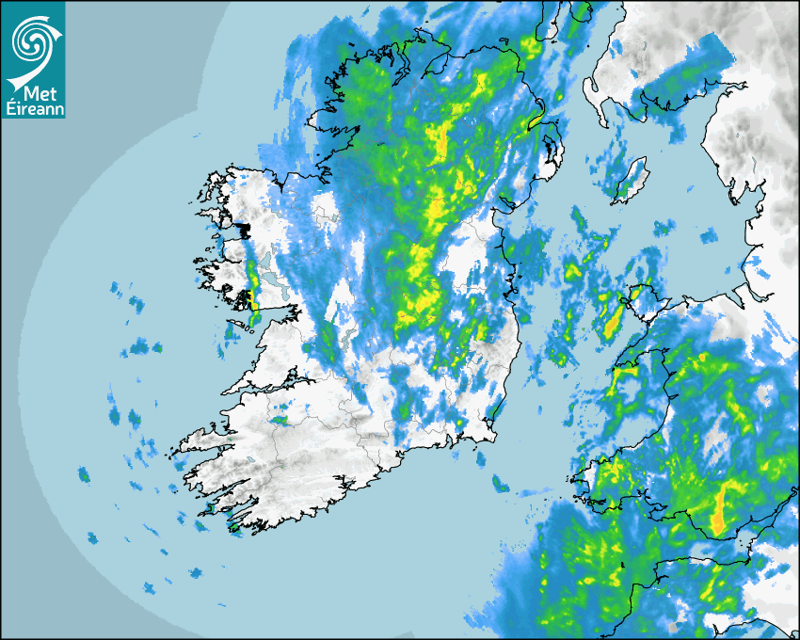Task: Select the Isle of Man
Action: pyautogui.click(x=632, y=180)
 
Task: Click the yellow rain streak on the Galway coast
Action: pyautogui.click(x=251, y=287)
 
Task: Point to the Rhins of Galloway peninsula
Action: pyautogui.click(x=594, y=95)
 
